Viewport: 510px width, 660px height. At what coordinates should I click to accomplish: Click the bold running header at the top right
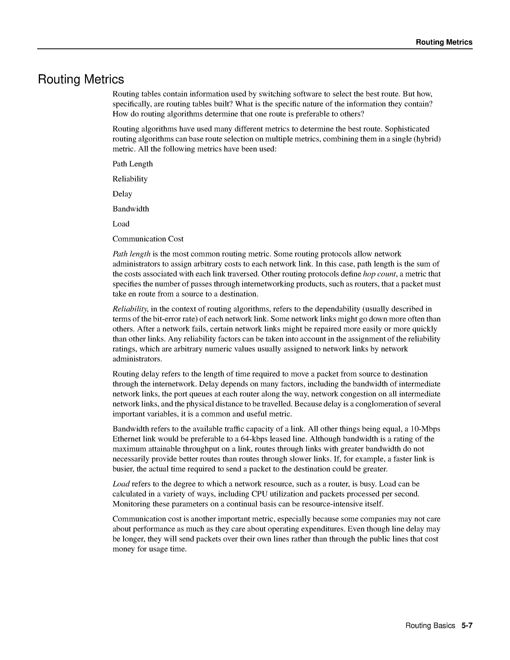point(444,42)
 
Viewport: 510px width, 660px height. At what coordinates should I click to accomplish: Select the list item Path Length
point(133,164)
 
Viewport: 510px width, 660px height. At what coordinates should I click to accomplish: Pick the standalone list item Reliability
point(130,179)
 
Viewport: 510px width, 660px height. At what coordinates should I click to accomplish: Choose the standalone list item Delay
point(122,194)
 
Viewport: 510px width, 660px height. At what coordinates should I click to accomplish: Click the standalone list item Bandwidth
point(131,209)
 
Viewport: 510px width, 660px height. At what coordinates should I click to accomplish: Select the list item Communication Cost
point(148,239)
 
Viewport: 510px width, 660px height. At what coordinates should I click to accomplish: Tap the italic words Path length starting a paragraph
point(131,254)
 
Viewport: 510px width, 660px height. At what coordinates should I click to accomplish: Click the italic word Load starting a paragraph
point(121,484)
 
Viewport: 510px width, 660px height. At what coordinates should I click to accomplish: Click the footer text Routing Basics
point(430,626)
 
